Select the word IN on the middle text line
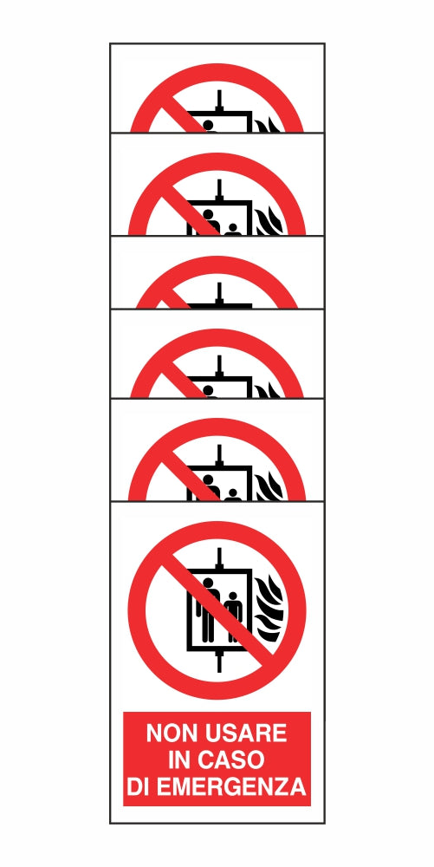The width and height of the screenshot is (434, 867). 178,759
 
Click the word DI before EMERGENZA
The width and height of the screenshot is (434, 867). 138,786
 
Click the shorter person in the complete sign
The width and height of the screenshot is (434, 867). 234,617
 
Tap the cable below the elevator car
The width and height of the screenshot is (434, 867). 219,662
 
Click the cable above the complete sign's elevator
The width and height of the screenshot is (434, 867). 219,557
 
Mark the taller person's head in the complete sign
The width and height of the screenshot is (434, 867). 208,583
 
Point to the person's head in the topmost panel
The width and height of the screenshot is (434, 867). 208,125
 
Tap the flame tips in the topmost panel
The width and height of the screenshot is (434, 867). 269,124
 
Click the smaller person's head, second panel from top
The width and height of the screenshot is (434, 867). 233,228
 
